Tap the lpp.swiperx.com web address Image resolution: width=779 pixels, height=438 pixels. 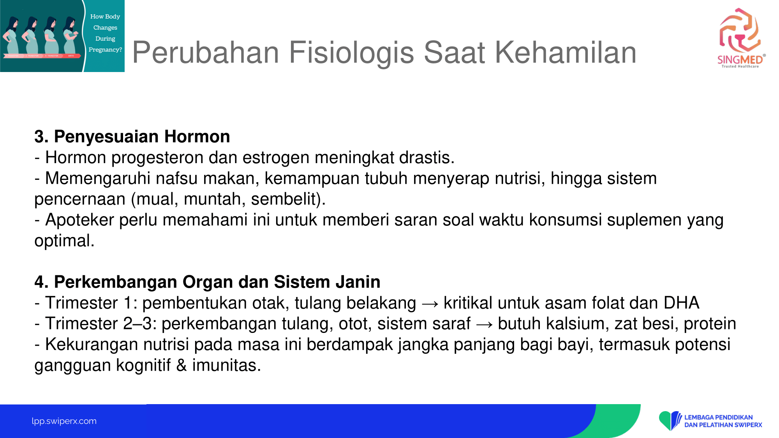coord(64,421)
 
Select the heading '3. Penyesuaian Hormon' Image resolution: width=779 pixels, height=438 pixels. coord(132,137)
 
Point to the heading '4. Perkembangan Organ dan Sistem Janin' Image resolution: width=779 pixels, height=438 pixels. coord(207,282)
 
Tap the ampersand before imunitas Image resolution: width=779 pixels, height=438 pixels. coord(182,366)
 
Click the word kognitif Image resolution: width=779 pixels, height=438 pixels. coord(143,366)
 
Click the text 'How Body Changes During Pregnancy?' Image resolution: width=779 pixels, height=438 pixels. coord(105,33)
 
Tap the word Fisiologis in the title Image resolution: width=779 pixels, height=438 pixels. coord(351,53)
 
